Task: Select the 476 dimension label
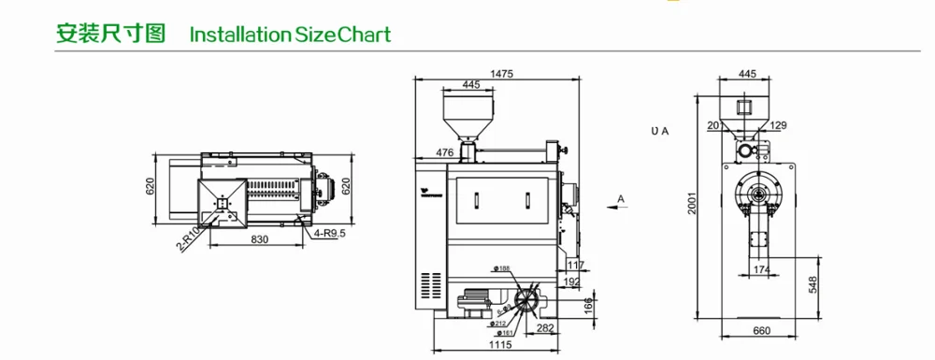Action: [445, 152]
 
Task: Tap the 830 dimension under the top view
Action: [259, 240]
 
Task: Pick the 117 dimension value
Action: [575, 266]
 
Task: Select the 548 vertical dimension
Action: [813, 284]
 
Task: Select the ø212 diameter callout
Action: [499, 324]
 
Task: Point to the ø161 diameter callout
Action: [506, 333]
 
